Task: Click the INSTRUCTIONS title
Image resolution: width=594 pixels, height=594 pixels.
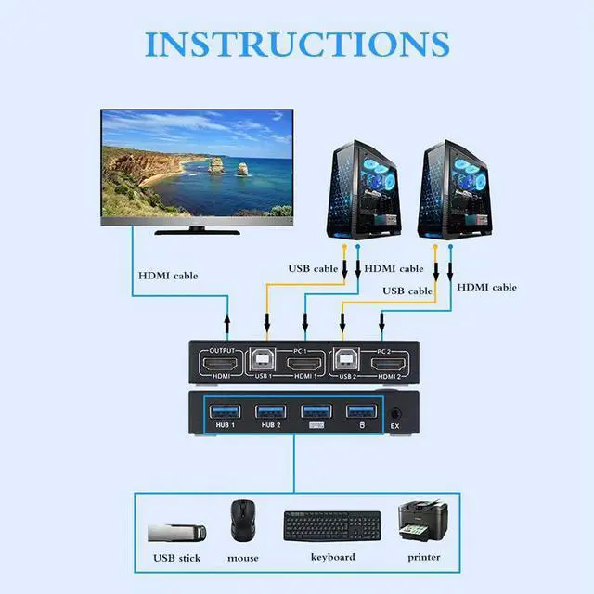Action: click(297, 43)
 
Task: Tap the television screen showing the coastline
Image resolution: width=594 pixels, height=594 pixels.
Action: click(197, 162)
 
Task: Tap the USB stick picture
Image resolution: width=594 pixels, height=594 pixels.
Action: click(177, 533)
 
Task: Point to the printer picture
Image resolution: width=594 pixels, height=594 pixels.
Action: click(422, 523)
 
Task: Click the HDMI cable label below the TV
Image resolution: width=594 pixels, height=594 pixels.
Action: click(168, 275)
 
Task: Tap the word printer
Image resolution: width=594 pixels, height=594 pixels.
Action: click(422, 557)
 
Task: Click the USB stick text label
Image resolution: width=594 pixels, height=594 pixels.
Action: click(176, 558)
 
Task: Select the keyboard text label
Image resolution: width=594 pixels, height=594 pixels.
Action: click(332, 557)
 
